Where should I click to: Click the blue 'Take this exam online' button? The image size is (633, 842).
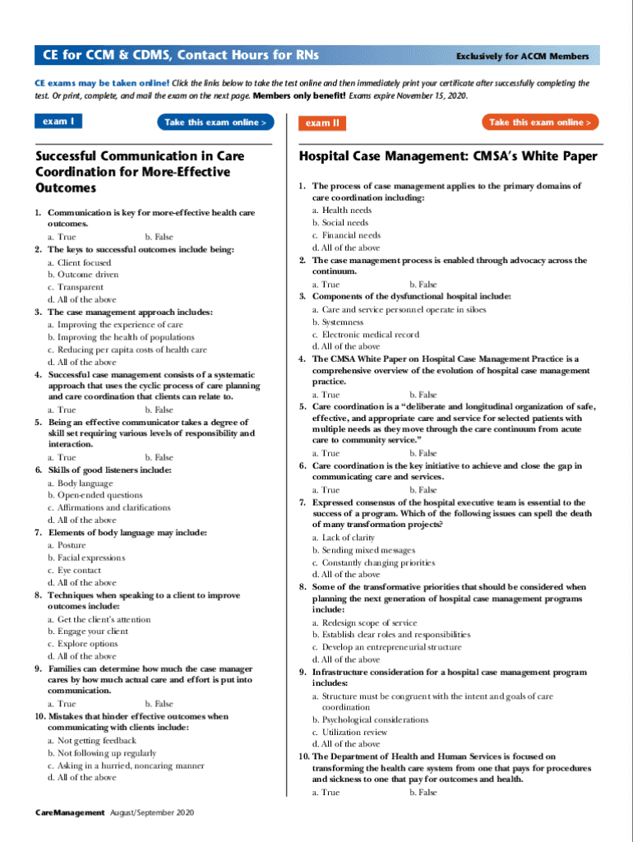click(215, 123)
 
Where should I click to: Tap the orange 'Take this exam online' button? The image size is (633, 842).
click(540, 123)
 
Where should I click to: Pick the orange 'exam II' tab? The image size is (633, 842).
click(322, 123)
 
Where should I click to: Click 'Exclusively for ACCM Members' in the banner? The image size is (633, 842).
click(523, 57)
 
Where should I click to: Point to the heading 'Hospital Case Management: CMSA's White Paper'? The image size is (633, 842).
click(448, 156)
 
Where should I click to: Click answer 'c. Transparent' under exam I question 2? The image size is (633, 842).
click(76, 287)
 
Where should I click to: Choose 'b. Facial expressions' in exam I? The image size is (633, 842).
click(86, 557)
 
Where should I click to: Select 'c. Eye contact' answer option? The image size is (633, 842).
click(75, 570)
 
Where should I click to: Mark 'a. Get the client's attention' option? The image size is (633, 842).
click(99, 619)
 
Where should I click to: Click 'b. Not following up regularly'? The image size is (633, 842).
click(101, 753)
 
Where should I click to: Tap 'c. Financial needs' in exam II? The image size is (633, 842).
click(346, 235)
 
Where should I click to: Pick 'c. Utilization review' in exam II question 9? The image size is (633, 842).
click(349, 732)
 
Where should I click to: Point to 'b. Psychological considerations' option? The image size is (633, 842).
click(370, 719)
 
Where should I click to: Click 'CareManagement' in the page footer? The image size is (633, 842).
click(70, 812)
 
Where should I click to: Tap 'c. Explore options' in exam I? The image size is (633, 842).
click(82, 644)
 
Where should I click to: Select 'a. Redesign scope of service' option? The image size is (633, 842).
click(364, 622)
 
